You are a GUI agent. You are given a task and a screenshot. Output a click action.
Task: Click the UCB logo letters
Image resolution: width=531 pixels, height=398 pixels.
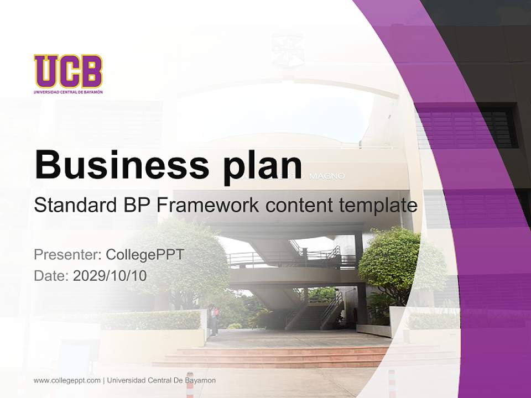[x=68, y=71]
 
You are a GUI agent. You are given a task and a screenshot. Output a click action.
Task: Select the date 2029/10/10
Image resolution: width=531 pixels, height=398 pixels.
[x=110, y=275]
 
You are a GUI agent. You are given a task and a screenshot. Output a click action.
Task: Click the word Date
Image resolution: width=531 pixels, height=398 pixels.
[x=50, y=275]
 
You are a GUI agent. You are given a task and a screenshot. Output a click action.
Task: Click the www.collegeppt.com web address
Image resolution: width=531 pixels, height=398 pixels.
[x=67, y=380]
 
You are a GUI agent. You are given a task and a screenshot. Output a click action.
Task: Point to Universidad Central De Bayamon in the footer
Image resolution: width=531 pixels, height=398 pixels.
[x=162, y=380]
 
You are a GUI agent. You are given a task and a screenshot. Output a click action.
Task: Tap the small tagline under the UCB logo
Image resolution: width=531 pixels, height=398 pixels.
[x=68, y=92]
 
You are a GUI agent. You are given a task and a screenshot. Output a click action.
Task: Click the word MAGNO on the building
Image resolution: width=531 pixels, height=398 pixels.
[x=327, y=176]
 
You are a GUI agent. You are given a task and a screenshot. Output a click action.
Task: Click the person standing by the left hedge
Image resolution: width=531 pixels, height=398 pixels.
[x=215, y=320]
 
